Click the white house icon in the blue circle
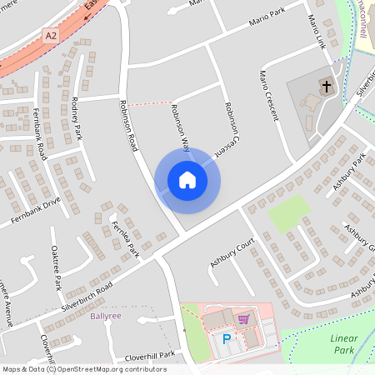[x=187, y=179]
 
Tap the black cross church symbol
[x=326, y=86]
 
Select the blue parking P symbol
[x=227, y=339]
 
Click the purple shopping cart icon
[x=243, y=318]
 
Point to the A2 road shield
[x=52, y=35]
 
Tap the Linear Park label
[x=343, y=343]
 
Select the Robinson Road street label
[x=128, y=126]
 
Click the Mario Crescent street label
[x=267, y=92]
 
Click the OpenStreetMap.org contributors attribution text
[x=112, y=368]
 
